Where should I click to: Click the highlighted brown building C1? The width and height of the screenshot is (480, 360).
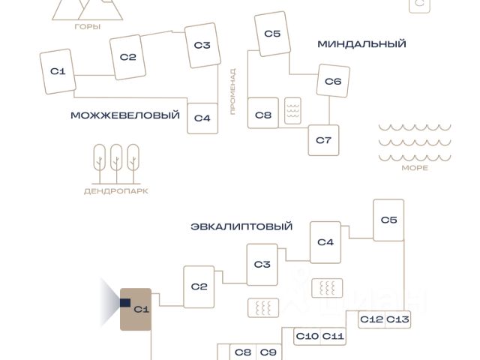coord(137,309)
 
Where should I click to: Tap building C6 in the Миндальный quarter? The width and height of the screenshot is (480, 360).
coord(333,81)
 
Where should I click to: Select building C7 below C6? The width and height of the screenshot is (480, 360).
coord(323,139)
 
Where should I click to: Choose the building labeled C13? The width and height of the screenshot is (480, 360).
coord(398,319)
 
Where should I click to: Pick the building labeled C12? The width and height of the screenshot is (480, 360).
coord(371,319)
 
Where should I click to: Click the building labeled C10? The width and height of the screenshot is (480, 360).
coord(307,336)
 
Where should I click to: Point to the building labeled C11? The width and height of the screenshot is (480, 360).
coord(333,336)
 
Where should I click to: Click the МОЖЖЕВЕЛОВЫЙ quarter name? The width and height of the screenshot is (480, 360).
coord(125,115)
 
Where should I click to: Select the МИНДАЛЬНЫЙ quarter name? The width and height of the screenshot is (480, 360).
coord(361,43)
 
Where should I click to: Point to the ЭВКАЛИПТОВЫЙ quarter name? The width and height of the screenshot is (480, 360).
coord(241,226)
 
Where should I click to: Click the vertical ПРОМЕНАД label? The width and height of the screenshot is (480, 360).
coord(232,91)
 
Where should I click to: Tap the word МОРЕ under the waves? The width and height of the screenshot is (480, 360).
coord(415,168)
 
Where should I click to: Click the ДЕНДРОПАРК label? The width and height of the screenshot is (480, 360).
coord(115,191)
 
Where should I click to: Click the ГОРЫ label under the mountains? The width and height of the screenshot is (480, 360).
coord(88,27)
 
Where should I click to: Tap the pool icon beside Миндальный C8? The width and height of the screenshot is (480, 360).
coord(292,112)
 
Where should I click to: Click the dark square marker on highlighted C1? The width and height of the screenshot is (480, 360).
coord(124,302)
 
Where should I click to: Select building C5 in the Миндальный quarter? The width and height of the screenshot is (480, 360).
coord(272,34)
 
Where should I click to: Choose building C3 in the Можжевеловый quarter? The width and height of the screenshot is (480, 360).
coord(202,45)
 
